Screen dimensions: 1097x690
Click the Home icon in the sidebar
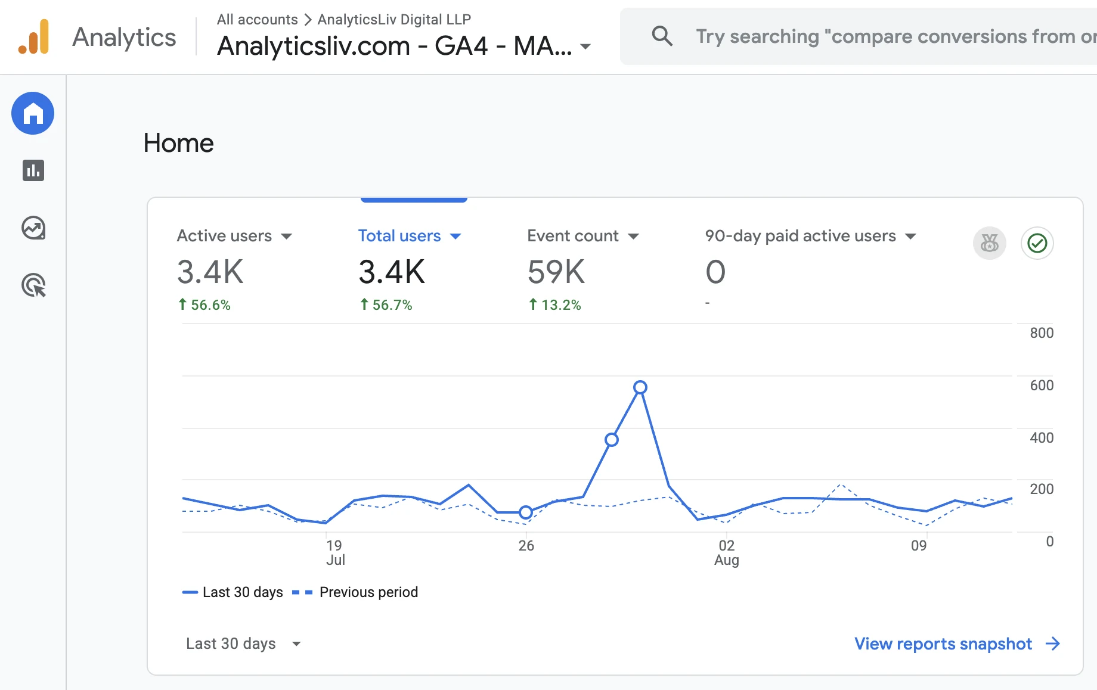33,113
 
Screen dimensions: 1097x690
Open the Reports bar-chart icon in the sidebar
33,170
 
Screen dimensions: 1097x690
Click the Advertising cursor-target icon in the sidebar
34,285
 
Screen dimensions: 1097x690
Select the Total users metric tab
399,236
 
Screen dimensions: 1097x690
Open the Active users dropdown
287,237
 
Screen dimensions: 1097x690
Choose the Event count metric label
573,236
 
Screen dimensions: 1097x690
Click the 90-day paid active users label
801,236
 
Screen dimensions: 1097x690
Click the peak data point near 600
640,387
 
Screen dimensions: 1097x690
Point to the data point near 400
612,440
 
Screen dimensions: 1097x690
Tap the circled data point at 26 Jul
525,512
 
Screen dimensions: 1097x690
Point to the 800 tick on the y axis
1042,333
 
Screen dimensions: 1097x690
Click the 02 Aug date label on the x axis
727,553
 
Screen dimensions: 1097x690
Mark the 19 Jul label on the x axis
335,553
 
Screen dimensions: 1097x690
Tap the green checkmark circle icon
1037,243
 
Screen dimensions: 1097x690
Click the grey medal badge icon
990,243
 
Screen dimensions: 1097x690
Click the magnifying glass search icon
662,36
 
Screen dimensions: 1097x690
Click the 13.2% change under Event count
555,305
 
